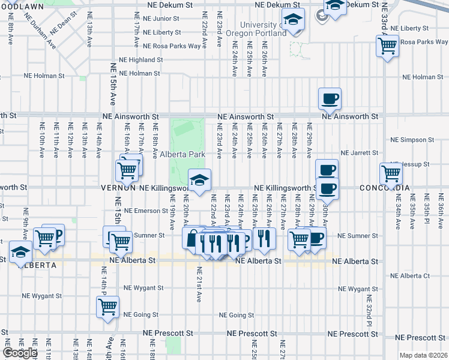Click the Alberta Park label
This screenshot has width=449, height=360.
(x=183, y=154)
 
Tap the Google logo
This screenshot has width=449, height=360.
(x=20, y=353)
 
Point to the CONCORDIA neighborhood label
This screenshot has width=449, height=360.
(x=385, y=188)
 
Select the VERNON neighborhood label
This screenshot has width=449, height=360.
(x=118, y=187)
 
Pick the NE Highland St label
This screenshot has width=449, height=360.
(x=141, y=60)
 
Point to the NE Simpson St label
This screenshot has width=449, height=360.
(x=412, y=140)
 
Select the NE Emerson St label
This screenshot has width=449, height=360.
(x=146, y=211)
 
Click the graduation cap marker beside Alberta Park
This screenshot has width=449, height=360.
(x=199, y=178)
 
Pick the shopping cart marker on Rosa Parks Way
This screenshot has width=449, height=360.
(x=387, y=45)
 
